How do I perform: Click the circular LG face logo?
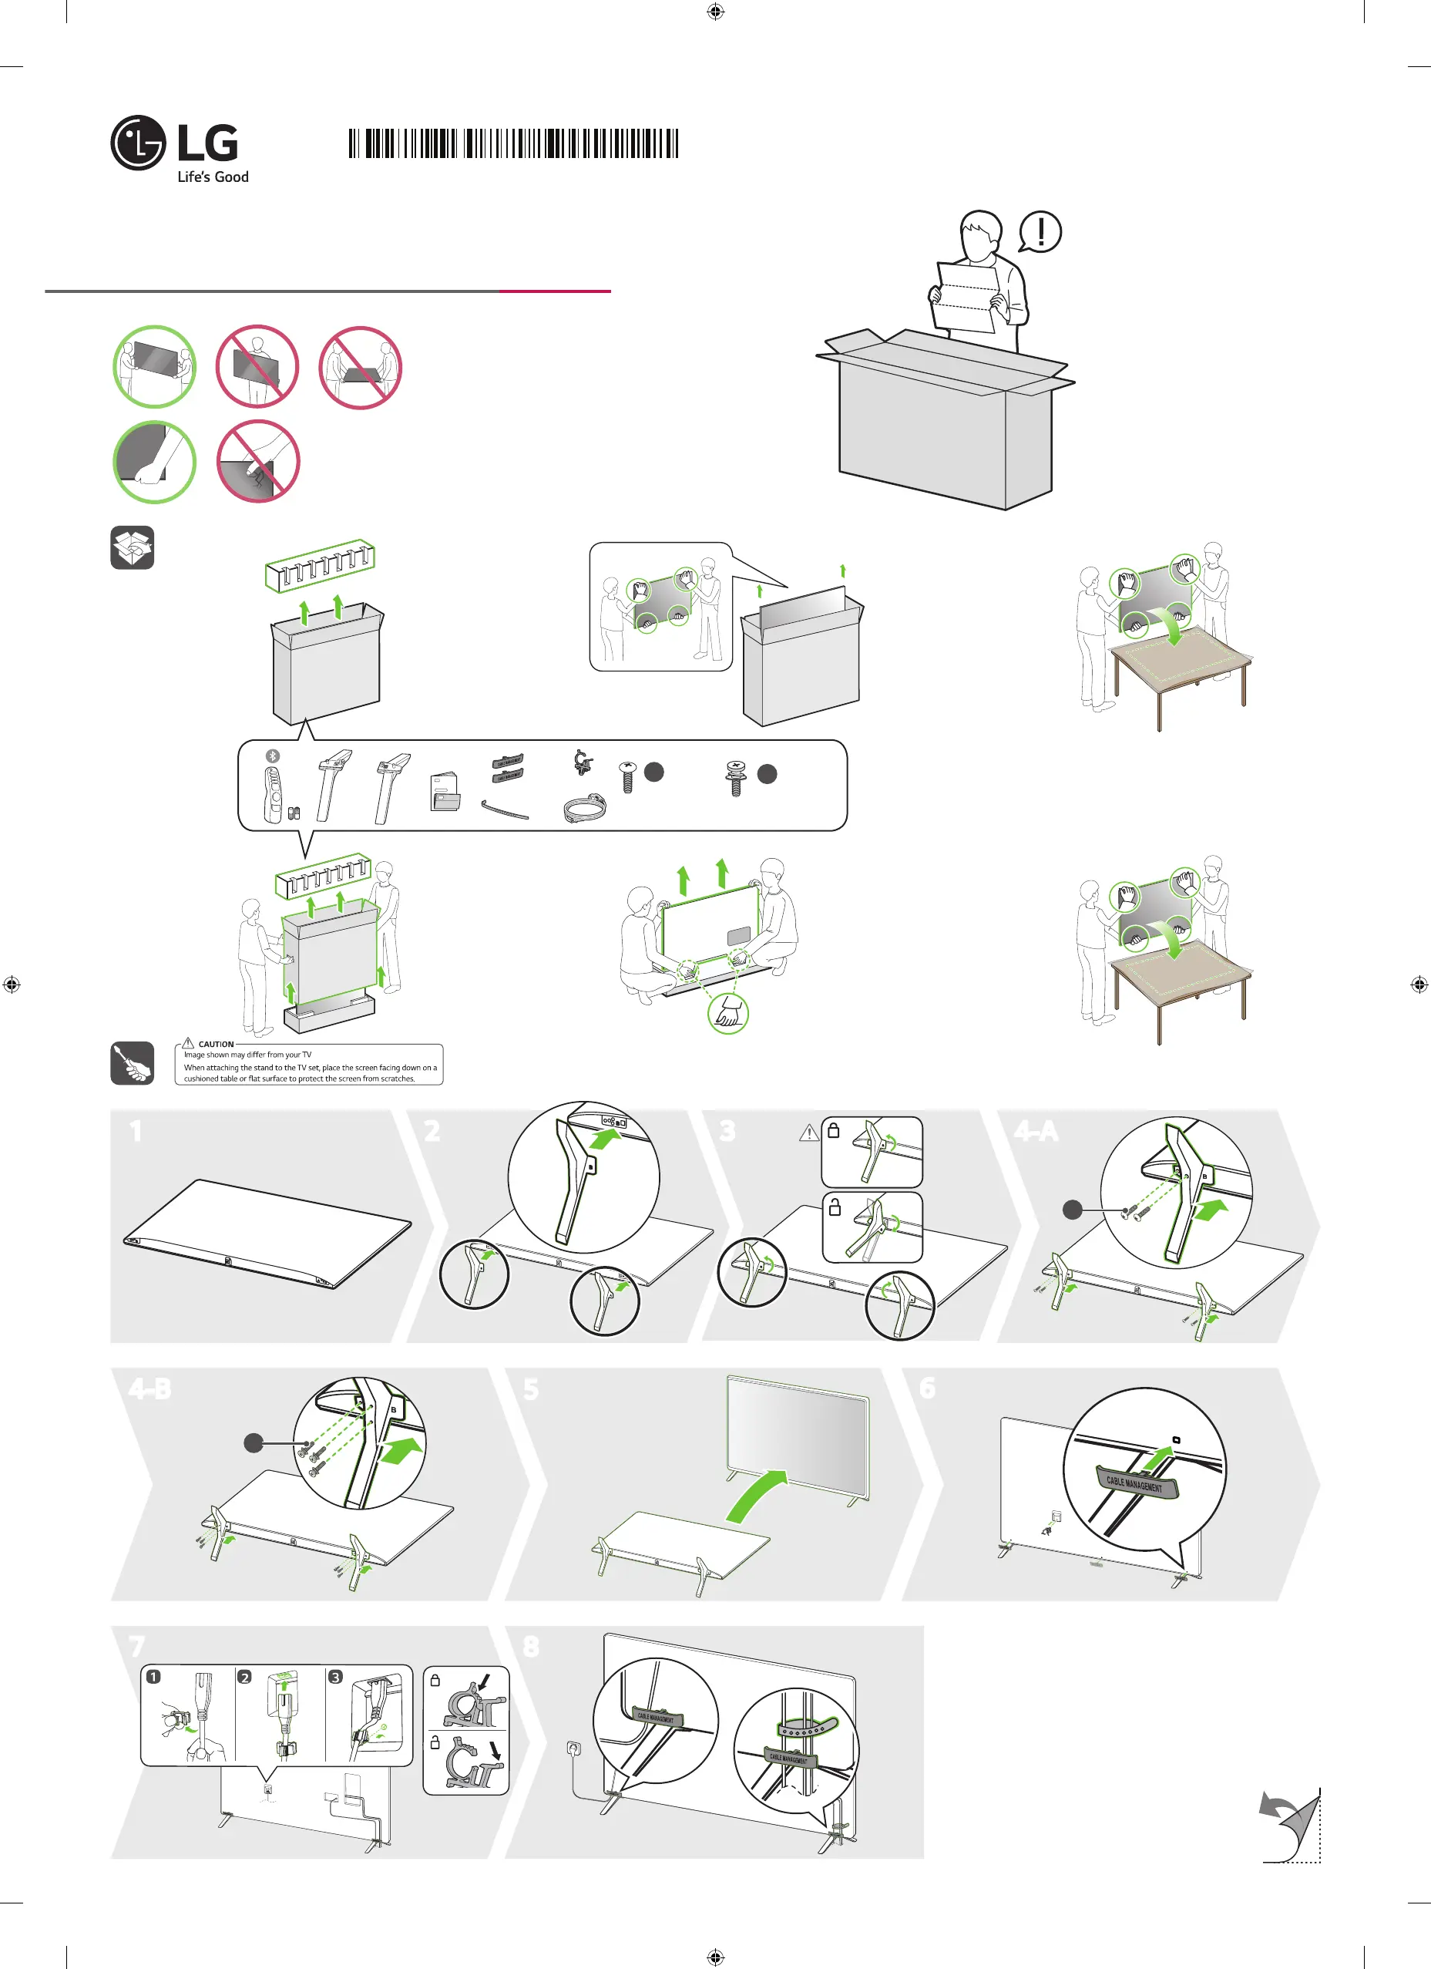138,143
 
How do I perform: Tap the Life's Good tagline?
213,177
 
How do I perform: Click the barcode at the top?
513,143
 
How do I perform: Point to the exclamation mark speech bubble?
1040,232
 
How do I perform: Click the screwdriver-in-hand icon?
132,1062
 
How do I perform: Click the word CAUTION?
216,1044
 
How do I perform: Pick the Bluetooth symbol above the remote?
273,756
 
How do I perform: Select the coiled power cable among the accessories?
584,810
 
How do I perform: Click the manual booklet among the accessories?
445,792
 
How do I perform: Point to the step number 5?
531,1390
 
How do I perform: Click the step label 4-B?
150,1389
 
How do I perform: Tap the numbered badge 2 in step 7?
245,1677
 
